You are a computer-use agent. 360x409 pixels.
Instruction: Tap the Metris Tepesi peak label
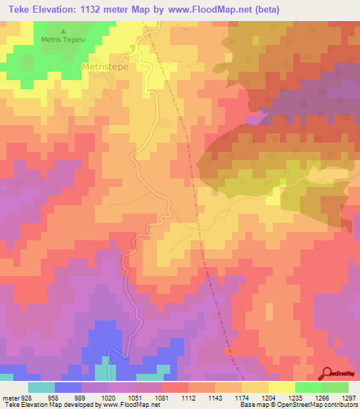click(x=63, y=40)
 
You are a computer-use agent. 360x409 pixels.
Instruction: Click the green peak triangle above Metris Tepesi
click(x=63, y=32)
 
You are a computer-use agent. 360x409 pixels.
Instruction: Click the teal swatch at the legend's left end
click(x=41, y=387)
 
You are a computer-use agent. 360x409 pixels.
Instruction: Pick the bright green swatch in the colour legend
click(x=308, y=387)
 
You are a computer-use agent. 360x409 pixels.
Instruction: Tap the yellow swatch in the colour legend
click(x=281, y=387)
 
